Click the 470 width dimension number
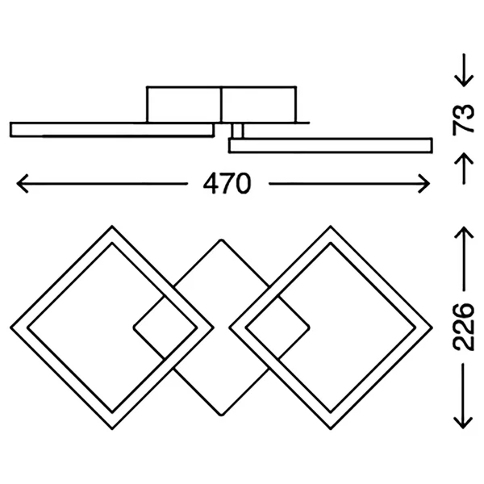(x=227, y=184)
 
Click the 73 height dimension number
(x=463, y=119)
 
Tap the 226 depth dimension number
(x=463, y=328)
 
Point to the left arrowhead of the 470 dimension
(x=23, y=184)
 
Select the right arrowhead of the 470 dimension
(x=423, y=184)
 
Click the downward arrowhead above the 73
(x=464, y=81)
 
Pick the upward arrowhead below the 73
(x=464, y=159)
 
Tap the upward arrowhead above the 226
(x=464, y=233)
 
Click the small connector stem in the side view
(x=237, y=131)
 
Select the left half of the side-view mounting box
(x=184, y=105)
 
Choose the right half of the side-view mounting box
(x=259, y=105)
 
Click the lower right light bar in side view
(x=330, y=146)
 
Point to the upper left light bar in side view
(x=112, y=130)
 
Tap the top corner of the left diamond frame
(x=112, y=226)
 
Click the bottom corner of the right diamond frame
(x=331, y=429)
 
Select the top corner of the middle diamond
(x=221, y=240)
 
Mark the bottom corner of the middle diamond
(x=221, y=415)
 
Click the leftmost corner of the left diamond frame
(x=10, y=328)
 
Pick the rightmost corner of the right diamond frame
(x=432, y=328)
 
